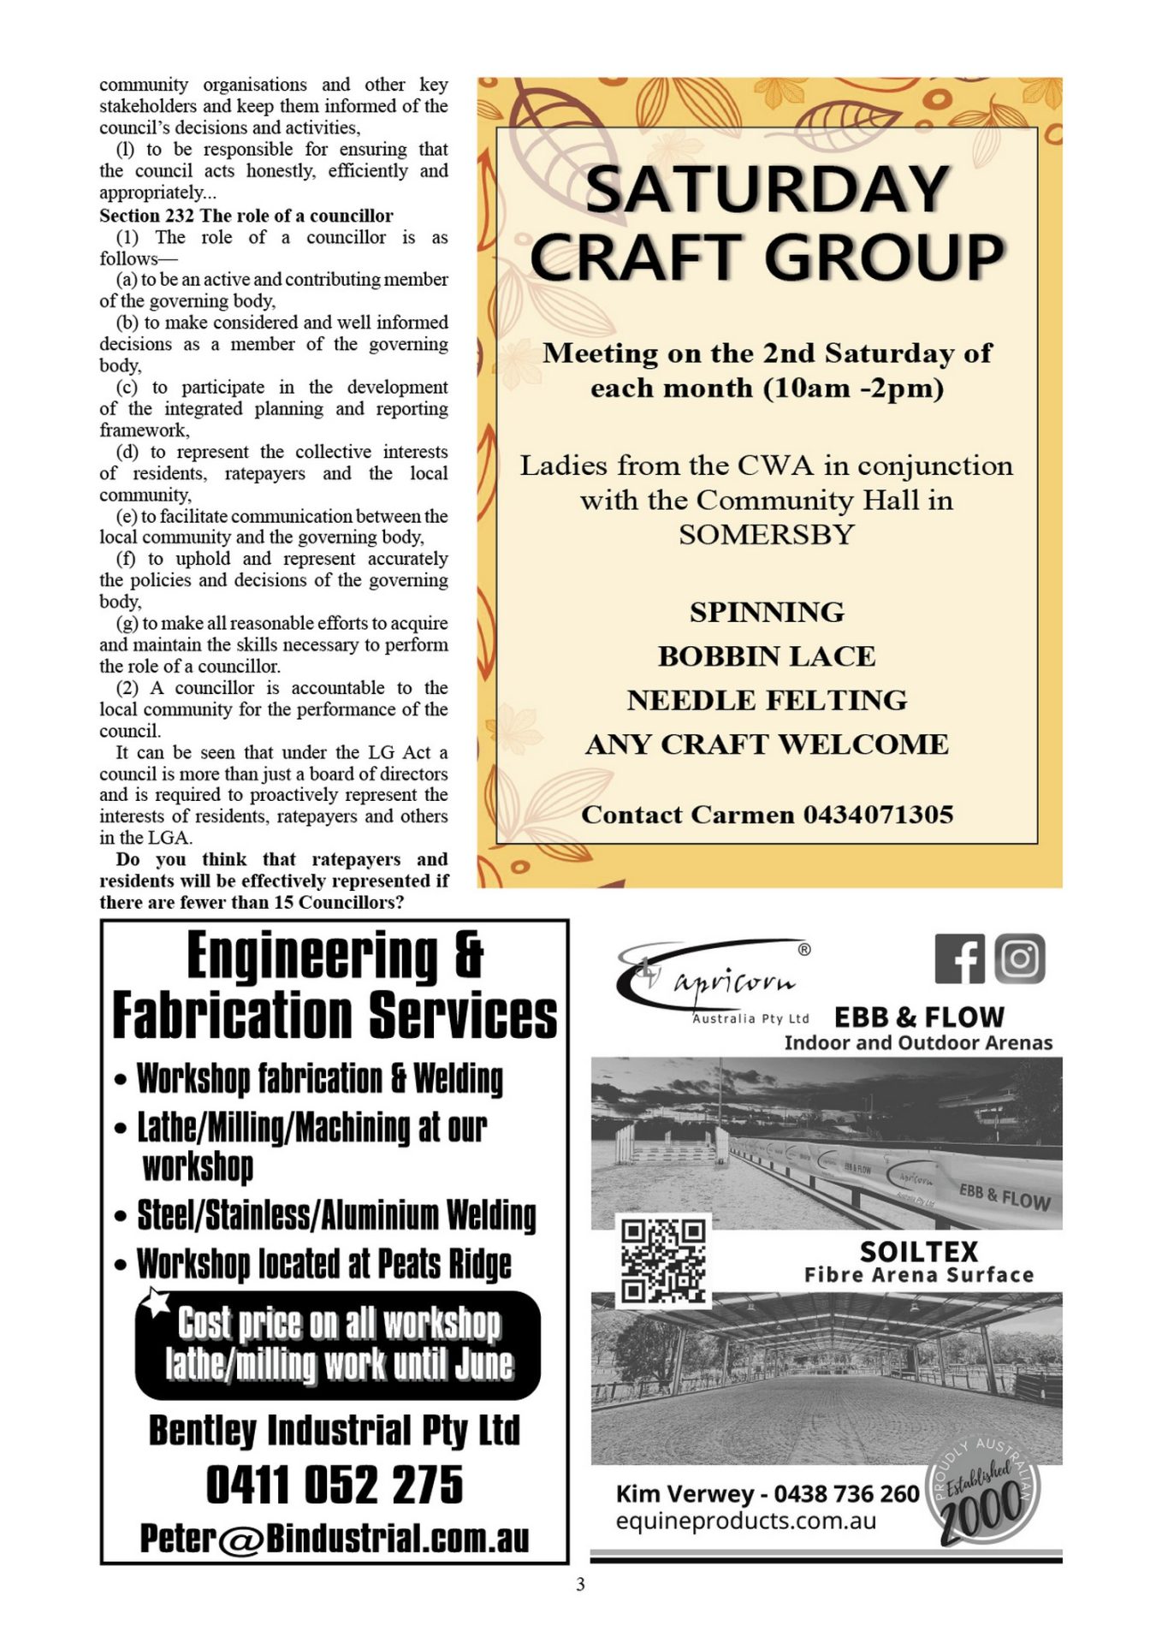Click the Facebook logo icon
(x=959, y=958)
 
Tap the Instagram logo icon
(x=1019, y=958)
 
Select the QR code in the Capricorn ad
(x=663, y=1260)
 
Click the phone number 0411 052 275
(x=335, y=1485)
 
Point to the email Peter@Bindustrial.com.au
(x=335, y=1538)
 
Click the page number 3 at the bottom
(x=580, y=1585)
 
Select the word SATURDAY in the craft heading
(x=768, y=189)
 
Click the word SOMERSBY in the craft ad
(x=767, y=535)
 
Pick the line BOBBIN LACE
(x=767, y=656)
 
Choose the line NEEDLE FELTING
(x=767, y=701)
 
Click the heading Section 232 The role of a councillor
(x=246, y=216)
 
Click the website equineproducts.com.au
(x=746, y=1521)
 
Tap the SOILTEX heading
(x=918, y=1252)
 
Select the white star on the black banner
(x=156, y=1302)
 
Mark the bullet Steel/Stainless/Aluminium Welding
(x=336, y=1215)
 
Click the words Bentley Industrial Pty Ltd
(x=335, y=1430)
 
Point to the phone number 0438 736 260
(x=846, y=1494)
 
